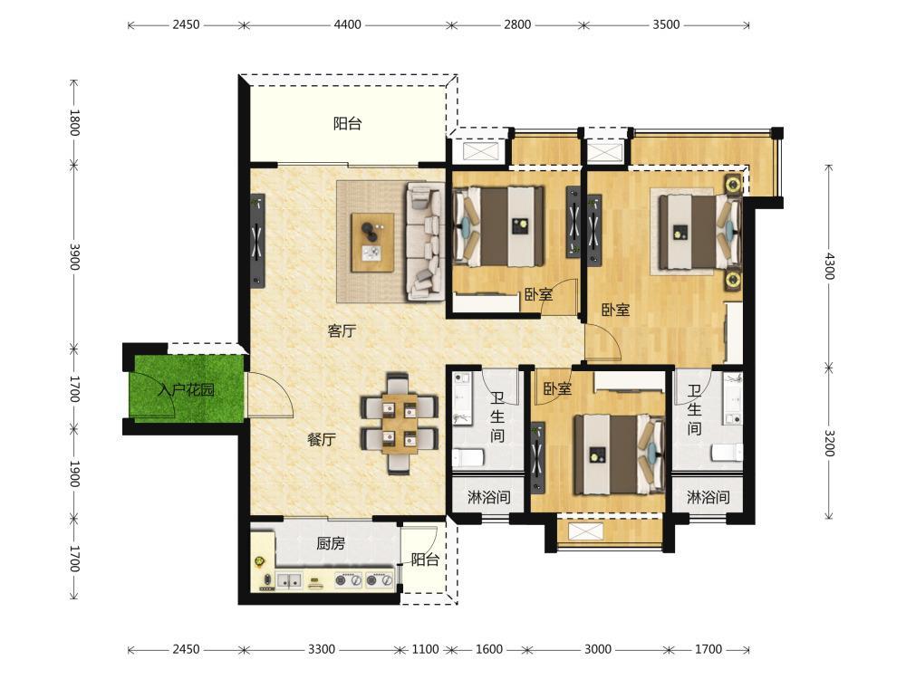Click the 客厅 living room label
(342, 330)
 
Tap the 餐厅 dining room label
(322, 439)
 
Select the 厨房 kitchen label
(331, 542)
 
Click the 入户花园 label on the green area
(186, 389)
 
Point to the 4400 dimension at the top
(347, 24)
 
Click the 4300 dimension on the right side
(829, 266)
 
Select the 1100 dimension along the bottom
(425, 649)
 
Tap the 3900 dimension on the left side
(74, 257)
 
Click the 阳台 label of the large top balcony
(347, 123)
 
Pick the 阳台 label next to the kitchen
(425, 559)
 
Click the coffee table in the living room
(372, 243)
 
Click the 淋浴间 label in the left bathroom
(489, 496)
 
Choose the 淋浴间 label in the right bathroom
(708, 496)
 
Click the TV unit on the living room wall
(257, 241)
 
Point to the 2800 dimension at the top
(517, 24)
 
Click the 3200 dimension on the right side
(829, 443)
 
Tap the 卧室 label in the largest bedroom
(615, 310)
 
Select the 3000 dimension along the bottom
(597, 649)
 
